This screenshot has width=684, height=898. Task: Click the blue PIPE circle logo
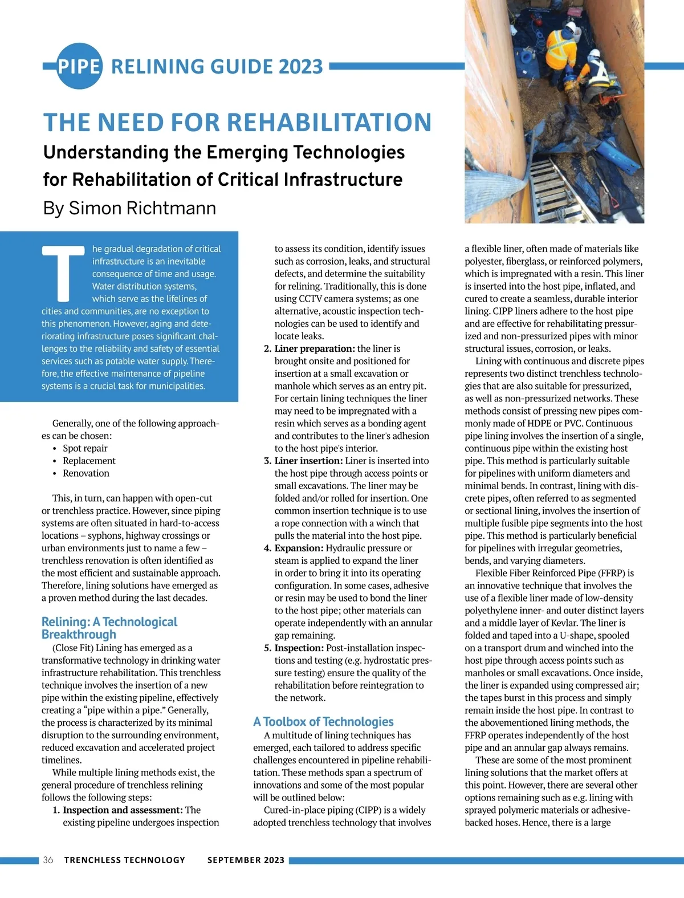click(x=79, y=66)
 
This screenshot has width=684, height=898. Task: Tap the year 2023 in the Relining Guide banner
click(x=301, y=67)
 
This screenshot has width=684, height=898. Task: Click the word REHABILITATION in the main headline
click(x=330, y=123)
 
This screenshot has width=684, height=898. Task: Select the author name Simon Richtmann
click(x=142, y=208)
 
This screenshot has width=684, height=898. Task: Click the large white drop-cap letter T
click(x=63, y=273)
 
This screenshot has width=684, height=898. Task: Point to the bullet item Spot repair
click(x=85, y=448)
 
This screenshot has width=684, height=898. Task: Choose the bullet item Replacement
click(x=89, y=461)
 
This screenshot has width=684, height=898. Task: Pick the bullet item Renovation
click(x=86, y=473)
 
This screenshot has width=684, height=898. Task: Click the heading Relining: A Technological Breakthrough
click(x=109, y=628)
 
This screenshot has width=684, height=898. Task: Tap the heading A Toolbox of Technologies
click(x=323, y=722)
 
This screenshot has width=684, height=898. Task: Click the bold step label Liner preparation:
click(x=315, y=348)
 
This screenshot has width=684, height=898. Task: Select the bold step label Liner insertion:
click(x=308, y=461)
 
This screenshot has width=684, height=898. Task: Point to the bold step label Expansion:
click(x=299, y=548)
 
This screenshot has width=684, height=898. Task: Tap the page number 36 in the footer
click(x=48, y=860)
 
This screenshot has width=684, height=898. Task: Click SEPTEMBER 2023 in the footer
click(x=246, y=860)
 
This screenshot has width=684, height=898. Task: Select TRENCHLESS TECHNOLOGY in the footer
click(x=125, y=860)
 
